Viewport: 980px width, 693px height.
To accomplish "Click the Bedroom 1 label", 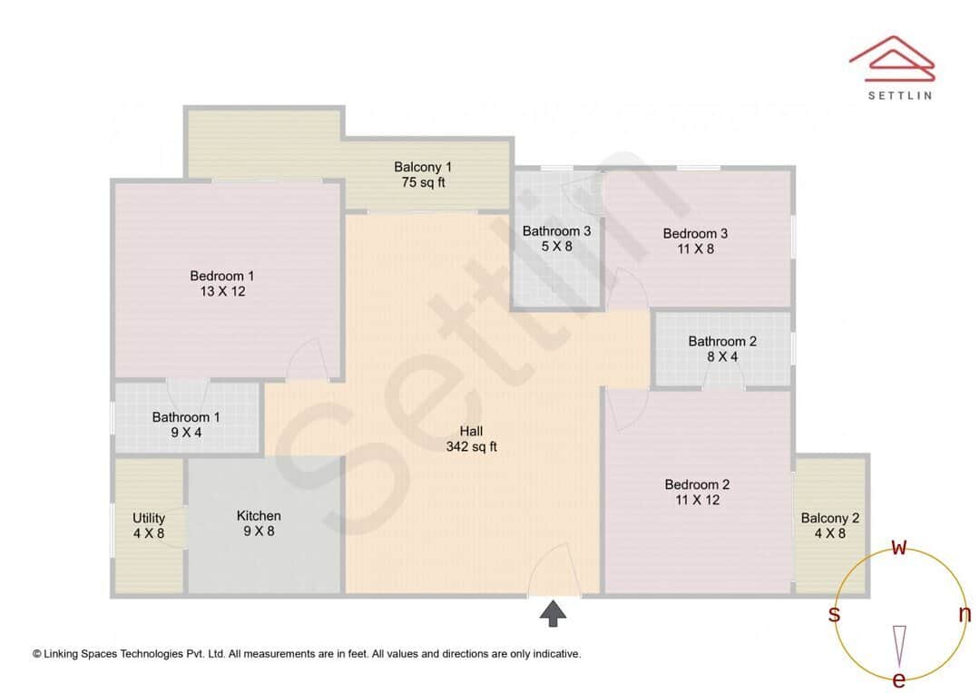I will point(222,276).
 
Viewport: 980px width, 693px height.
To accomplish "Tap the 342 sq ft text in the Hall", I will point(471,446).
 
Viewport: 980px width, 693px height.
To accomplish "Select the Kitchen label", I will point(259,515).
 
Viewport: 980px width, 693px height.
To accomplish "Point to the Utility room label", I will point(149,518).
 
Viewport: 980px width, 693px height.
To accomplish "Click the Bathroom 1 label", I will point(186,417).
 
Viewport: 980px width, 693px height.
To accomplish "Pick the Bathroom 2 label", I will point(722,341).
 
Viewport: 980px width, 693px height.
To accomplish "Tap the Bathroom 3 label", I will point(556,231).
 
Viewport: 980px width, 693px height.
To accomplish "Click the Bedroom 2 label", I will point(697,484).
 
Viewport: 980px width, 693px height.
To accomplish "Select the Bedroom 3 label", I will point(695,233).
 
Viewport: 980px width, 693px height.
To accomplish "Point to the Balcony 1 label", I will point(423,167).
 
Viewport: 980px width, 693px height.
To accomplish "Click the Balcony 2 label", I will point(830,518).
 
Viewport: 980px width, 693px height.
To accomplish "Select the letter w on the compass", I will point(899,547).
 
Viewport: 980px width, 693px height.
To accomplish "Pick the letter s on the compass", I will point(834,614).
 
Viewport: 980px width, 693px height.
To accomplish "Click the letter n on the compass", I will point(965,614).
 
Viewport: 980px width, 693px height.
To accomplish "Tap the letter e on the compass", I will point(899,679).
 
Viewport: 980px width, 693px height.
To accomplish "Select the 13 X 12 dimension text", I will point(222,291).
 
